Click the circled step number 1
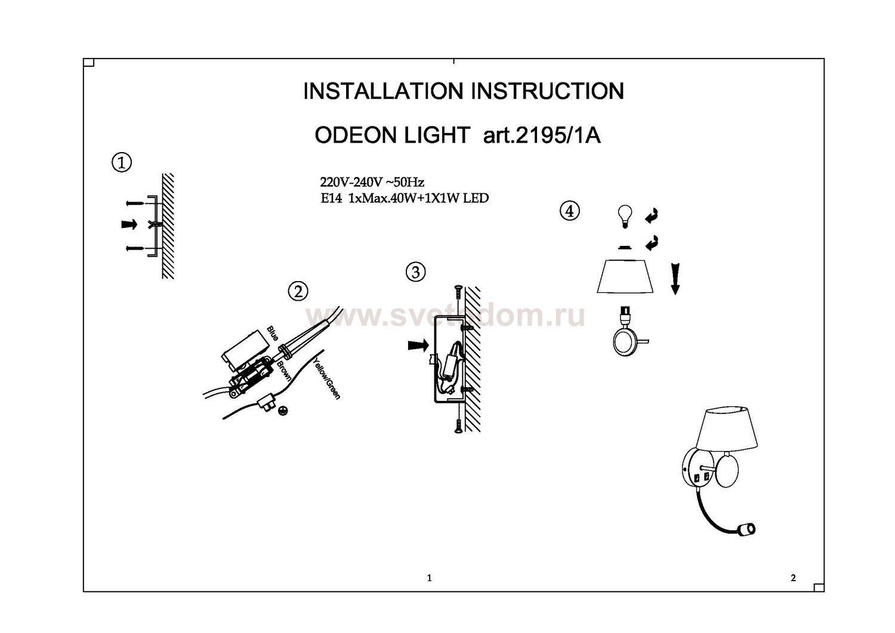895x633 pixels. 122,163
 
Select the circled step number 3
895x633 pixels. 415,273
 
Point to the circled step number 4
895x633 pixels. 569,211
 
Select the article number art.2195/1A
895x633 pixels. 542,135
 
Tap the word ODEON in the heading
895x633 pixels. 357,135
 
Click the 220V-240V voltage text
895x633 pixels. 351,182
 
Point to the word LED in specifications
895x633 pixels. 476,198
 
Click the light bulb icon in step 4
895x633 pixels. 625,216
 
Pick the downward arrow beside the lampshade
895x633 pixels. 675,279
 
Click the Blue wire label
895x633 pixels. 273,334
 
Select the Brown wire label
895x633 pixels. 284,372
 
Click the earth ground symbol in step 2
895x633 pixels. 282,411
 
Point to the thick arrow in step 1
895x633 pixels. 129,224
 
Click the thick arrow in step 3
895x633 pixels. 418,345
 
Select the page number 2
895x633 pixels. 793,578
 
